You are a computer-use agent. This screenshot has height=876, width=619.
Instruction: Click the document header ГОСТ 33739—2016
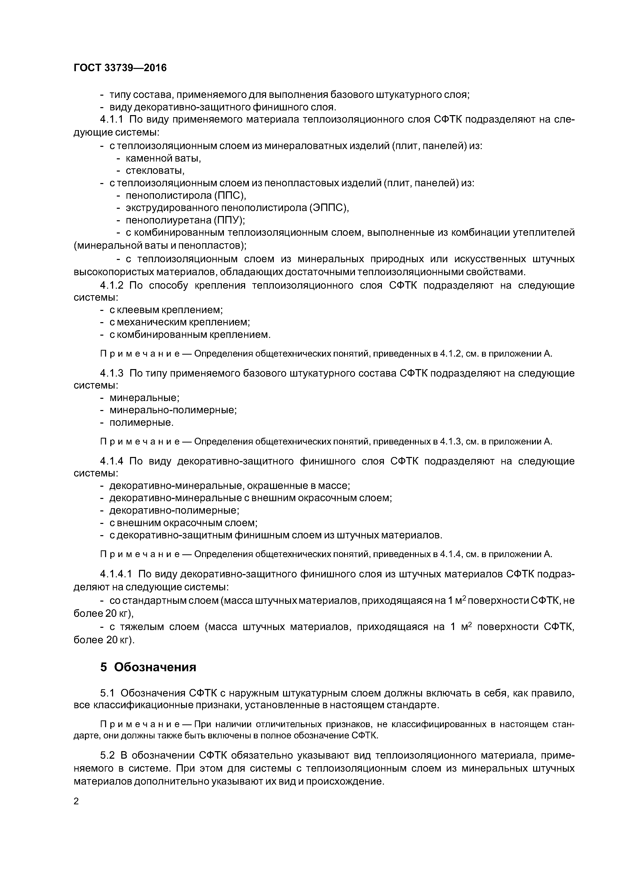click(120, 68)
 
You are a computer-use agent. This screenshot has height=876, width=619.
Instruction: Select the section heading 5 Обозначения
click(148, 678)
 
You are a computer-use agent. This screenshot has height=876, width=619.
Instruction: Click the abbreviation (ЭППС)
click(330, 208)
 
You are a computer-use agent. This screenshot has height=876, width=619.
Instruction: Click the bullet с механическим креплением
click(180, 322)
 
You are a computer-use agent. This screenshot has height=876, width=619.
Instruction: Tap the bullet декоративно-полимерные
click(174, 510)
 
